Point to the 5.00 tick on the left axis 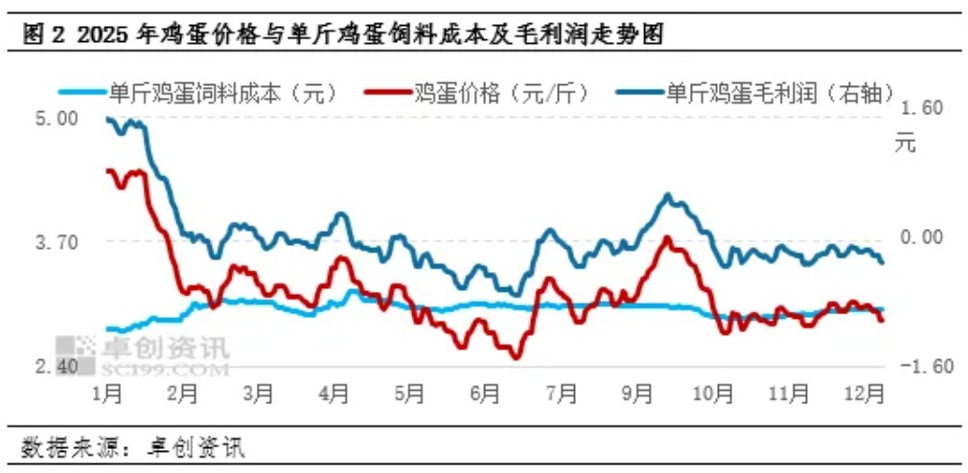[56, 119]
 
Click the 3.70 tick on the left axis [56, 242]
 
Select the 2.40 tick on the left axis [56, 366]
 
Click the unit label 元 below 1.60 [906, 145]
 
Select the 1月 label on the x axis [107, 393]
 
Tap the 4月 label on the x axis [334, 393]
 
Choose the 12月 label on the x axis [865, 393]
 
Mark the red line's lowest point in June [516, 357]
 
